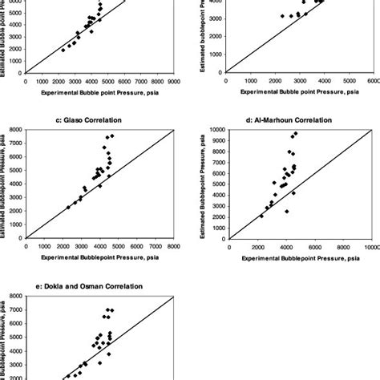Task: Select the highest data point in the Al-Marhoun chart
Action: click(296, 133)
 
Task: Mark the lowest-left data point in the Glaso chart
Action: click(68, 208)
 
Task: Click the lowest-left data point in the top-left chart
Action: click(63, 50)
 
